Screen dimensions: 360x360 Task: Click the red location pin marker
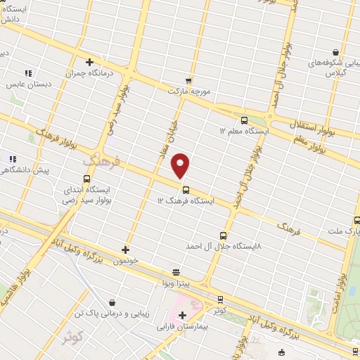point(181,165)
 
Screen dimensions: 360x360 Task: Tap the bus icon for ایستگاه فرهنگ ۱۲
point(186,189)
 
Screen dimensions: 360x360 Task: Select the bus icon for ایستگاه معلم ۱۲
point(244,120)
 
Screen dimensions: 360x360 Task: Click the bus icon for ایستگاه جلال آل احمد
point(223,236)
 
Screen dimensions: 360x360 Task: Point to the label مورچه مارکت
point(189,91)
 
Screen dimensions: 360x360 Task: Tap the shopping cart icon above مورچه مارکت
point(188,80)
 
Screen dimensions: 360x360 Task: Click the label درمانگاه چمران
point(91,74)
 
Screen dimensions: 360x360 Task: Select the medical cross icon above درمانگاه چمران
point(90,62)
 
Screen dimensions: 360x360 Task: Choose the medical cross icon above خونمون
point(125,249)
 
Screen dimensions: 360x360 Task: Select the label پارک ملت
point(344,231)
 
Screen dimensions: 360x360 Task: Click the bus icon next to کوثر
point(220,299)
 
